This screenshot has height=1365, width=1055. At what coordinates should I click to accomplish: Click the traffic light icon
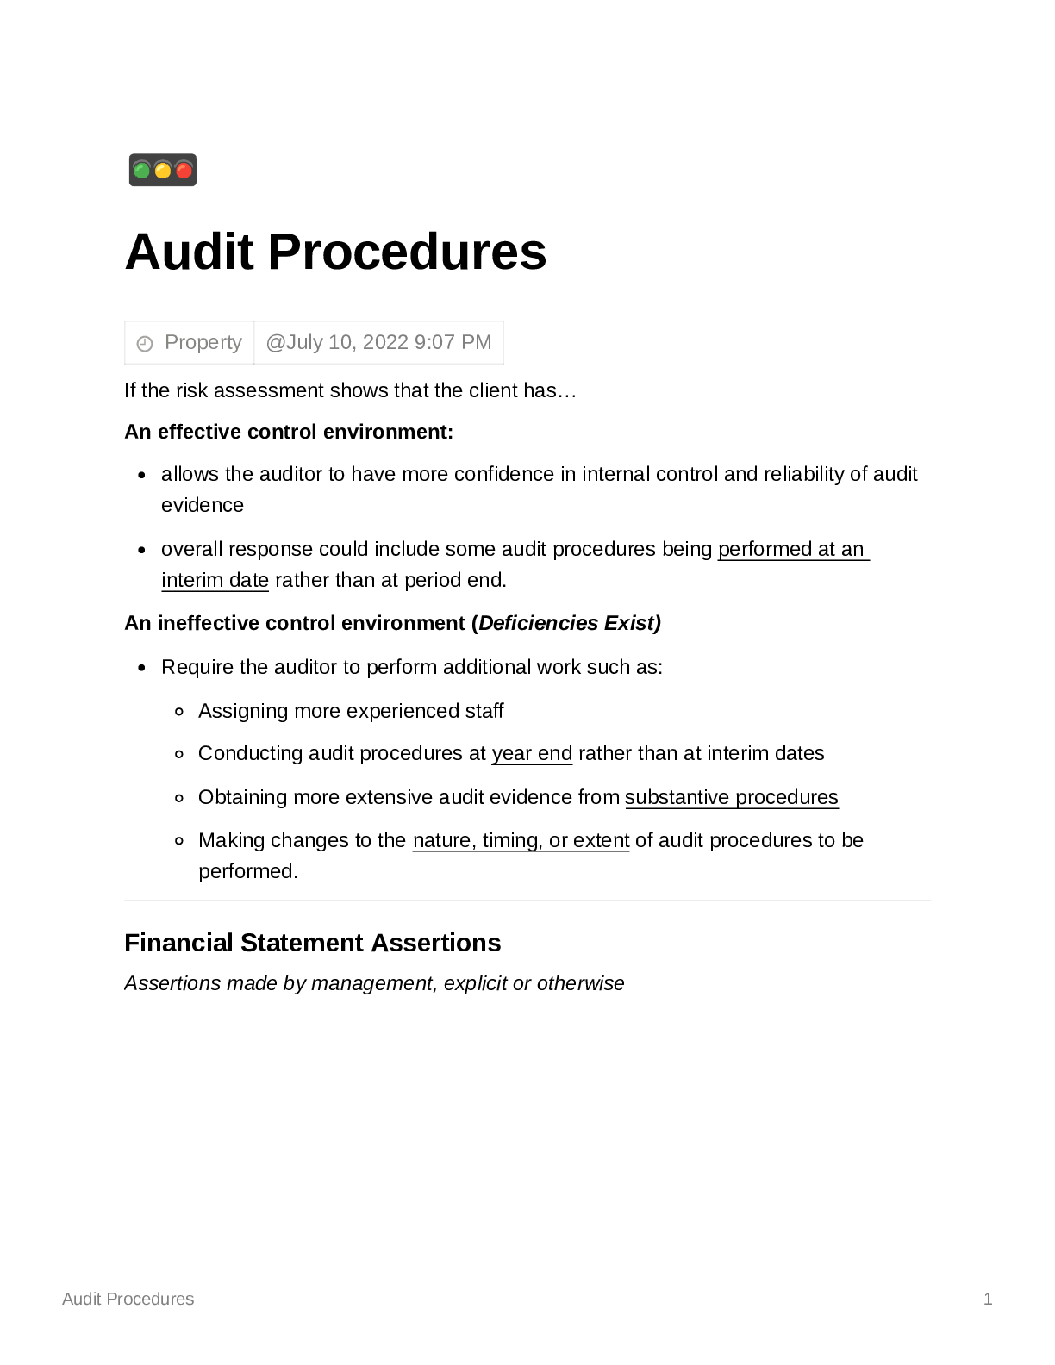pyautogui.click(x=163, y=170)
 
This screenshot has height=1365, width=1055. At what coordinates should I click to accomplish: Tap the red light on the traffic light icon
pyautogui.click(x=184, y=170)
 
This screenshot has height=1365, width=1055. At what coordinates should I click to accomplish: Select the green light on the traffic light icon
pyautogui.click(x=142, y=170)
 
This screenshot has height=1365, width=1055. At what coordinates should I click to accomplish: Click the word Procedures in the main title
pyautogui.click(x=407, y=252)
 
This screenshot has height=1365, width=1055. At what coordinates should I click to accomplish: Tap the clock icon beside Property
pyautogui.click(x=145, y=343)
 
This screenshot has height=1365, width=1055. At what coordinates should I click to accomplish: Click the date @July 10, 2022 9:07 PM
pyautogui.click(x=378, y=342)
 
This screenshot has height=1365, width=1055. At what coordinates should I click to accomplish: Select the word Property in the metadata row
pyautogui.click(x=203, y=342)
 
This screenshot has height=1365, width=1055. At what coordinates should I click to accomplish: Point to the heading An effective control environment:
pyautogui.click(x=289, y=432)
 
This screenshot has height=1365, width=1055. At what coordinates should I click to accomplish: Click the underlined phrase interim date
pyautogui.click(x=215, y=580)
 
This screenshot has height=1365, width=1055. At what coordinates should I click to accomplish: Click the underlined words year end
pyautogui.click(x=532, y=753)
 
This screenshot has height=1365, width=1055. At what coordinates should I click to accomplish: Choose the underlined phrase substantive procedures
pyautogui.click(x=731, y=797)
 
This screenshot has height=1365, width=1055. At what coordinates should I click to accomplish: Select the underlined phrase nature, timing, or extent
pyautogui.click(x=521, y=840)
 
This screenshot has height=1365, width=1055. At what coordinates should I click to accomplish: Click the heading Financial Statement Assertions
pyautogui.click(x=312, y=943)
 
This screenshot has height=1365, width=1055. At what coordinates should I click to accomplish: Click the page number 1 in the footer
pyautogui.click(x=988, y=1299)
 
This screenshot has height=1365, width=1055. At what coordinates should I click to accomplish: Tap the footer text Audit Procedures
pyautogui.click(x=128, y=1299)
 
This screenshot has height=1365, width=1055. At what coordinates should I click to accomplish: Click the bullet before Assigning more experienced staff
pyautogui.click(x=179, y=712)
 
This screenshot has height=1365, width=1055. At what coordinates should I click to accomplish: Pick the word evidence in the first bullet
pyautogui.click(x=203, y=505)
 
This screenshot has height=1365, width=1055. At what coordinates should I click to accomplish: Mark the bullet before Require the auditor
pyautogui.click(x=142, y=668)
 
